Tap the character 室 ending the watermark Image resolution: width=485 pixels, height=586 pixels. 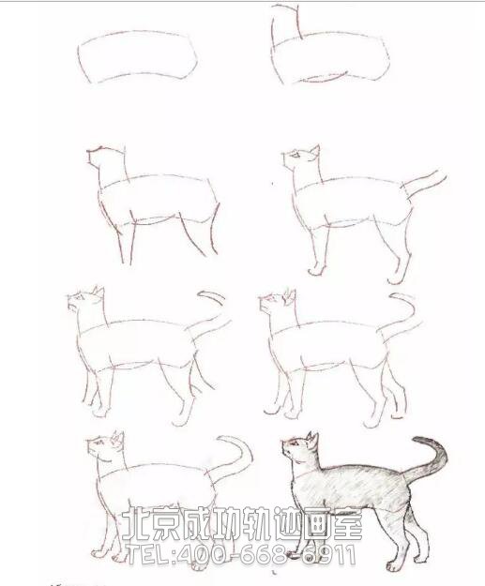pyautogui.click(x=347, y=522)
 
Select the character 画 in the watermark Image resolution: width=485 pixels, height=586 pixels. pyautogui.click(x=317, y=522)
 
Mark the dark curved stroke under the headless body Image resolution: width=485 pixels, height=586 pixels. pyautogui.click(x=325, y=79)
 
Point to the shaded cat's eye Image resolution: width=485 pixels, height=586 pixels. pyautogui.click(x=296, y=443)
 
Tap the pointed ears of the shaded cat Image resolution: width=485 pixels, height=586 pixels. pyautogui.click(x=312, y=438)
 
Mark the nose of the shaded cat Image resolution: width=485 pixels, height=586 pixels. pyautogui.click(x=283, y=443)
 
